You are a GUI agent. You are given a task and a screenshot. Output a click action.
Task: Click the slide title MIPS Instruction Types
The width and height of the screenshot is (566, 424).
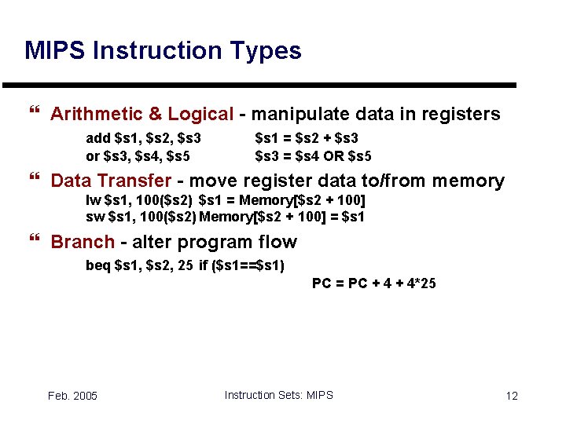tap(163, 51)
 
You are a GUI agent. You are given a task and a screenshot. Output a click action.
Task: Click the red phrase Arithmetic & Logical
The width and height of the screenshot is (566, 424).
tap(141, 115)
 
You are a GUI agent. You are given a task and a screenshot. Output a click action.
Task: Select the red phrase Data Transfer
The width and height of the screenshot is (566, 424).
tap(111, 181)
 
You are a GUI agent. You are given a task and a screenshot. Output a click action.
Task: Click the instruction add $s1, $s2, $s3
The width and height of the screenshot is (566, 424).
tap(143, 138)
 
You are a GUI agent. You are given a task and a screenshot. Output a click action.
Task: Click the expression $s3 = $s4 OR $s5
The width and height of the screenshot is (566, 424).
tap(314, 155)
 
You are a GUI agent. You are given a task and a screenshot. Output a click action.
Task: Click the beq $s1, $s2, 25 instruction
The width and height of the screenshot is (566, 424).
tap(139, 265)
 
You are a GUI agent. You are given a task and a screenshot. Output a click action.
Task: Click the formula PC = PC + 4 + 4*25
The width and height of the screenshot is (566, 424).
tap(373, 283)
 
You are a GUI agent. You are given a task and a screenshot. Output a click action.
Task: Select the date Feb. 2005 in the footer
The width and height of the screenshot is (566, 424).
tap(72, 396)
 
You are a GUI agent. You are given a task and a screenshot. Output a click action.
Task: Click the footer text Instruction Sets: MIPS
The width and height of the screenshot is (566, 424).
tap(278, 395)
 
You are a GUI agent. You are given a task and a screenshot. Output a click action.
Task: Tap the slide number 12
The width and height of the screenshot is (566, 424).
tap(512, 396)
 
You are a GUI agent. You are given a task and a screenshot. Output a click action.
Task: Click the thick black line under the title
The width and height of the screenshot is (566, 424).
tap(259, 85)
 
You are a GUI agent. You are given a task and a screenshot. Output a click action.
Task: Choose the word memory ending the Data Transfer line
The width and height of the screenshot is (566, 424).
tap(465, 181)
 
